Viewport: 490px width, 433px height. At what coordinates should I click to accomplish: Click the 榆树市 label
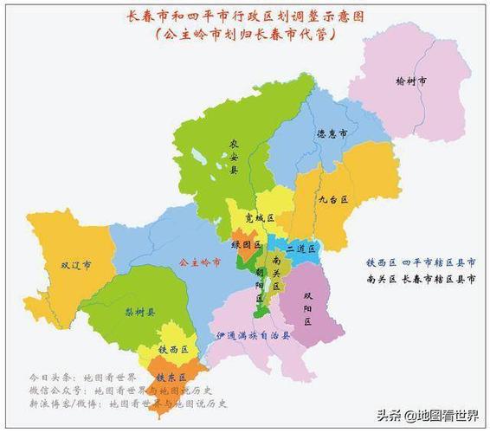[x=411, y=81]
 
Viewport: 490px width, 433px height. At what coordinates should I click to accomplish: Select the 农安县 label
[x=234, y=157]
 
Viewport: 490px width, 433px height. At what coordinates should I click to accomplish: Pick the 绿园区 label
[x=246, y=244]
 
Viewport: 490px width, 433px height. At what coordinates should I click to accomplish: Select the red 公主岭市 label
[x=194, y=262]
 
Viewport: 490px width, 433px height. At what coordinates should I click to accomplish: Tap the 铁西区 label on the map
[x=173, y=349]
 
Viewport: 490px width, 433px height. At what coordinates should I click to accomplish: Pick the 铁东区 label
[x=171, y=378]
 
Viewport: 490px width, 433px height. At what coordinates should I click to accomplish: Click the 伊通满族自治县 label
[x=251, y=333]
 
